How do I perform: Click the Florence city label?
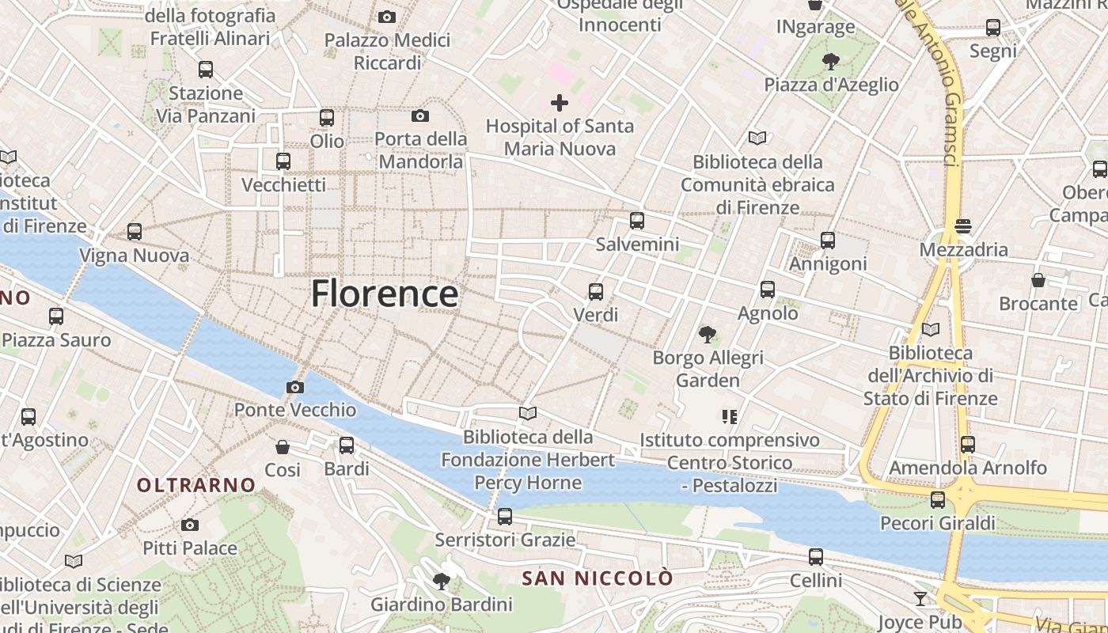tap(384, 294)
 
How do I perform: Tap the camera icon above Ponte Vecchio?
tap(295, 387)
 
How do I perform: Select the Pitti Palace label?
tap(189, 548)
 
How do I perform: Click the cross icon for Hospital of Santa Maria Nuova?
tap(560, 102)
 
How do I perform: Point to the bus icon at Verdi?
tap(596, 292)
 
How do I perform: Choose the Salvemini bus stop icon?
tap(637, 221)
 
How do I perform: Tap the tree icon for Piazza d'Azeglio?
tap(830, 61)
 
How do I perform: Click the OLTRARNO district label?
tap(196, 485)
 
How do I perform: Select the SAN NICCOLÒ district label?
tap(598, 578)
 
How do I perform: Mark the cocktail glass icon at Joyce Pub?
tap(920, 598)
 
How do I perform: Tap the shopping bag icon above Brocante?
tap(1038, 280)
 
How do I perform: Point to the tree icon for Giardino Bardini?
tap(442, 582)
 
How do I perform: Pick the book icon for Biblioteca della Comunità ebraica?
tap(757, 138)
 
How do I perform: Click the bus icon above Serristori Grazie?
tap(505, 517)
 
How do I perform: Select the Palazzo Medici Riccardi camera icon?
tap(387, 17)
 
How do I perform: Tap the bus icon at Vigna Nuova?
tap(135, 232)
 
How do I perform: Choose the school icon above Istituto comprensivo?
tap(729, 416)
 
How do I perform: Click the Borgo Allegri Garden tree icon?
tap(708, 335)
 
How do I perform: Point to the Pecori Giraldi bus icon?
tap(938, 500)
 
